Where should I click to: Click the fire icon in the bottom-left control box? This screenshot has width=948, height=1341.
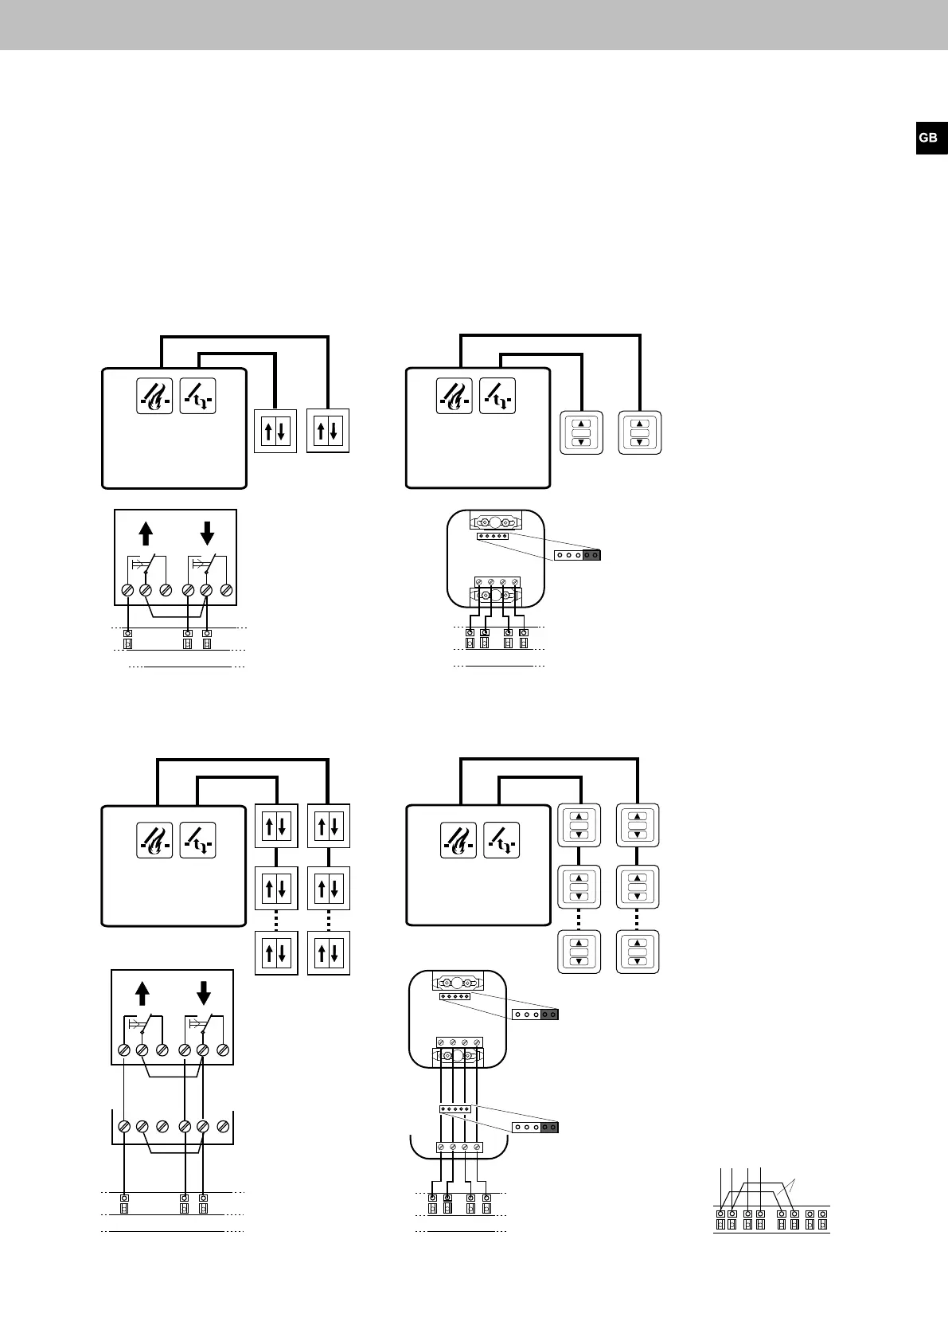[154, 840]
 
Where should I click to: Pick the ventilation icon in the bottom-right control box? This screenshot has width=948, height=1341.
[501, 840]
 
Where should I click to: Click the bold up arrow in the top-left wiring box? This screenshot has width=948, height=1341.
[145, 532]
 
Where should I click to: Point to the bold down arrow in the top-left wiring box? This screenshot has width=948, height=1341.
[206, 532]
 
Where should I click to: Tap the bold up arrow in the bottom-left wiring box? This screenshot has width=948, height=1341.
[142, 992]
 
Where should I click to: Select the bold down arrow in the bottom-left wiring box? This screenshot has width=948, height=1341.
[203, 992]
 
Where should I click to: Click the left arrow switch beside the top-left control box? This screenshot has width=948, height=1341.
[275, 432]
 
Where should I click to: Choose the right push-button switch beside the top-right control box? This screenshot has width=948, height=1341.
[640, 433]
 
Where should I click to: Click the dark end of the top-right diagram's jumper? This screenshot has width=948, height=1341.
[591, 554]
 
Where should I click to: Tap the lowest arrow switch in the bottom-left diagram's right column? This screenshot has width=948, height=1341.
[328, 952]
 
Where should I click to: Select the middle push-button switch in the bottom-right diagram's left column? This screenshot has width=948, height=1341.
[579, 886]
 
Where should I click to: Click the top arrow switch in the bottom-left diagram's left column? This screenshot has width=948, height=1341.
[275, 826]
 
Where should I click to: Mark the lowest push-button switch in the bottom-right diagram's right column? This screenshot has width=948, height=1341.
[638, 951]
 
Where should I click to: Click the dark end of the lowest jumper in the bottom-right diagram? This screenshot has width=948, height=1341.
[549, 1127]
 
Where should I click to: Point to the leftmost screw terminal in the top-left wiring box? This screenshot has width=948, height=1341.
[127, 590]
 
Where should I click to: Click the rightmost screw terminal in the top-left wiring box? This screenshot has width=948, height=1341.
[225, 590]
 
